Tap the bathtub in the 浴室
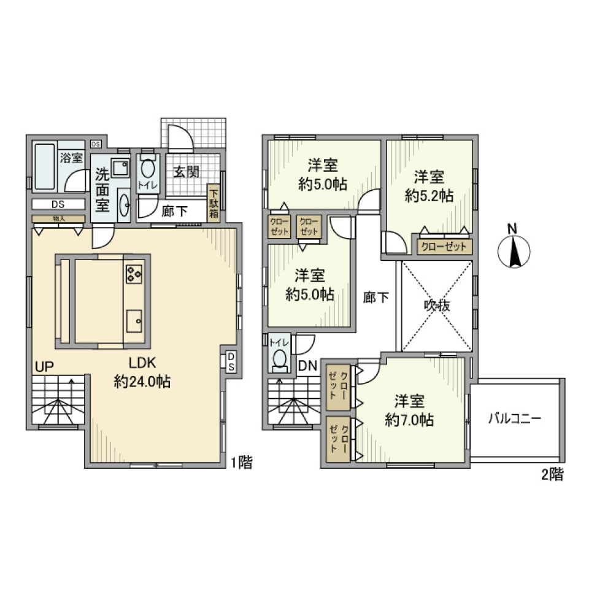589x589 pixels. (44, 167)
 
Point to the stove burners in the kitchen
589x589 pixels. (134, 274)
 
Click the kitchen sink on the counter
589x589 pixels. (134, 320)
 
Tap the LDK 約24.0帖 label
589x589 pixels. (142, 372)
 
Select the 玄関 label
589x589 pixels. (185, 173)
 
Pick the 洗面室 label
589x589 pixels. (102, 189)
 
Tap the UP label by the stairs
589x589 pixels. (44, 368)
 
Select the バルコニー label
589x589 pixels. (515, 420)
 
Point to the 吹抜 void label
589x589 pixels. (436, 306)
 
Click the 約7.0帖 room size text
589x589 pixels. (409, 420)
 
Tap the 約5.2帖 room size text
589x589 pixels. (429, 196)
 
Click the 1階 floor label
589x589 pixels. (241, 463)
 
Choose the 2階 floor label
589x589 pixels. (552, 474)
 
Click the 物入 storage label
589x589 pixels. (59, 218)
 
